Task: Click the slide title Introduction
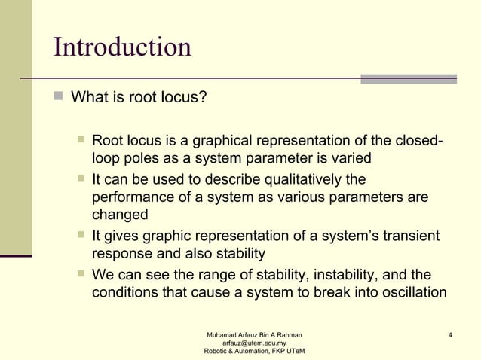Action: pyautogui.click(x=122, y=47)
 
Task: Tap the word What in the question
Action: pyautogui.click(x=87, y=98)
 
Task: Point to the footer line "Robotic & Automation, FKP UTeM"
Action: pyautogui.click(x=255, y=352)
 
